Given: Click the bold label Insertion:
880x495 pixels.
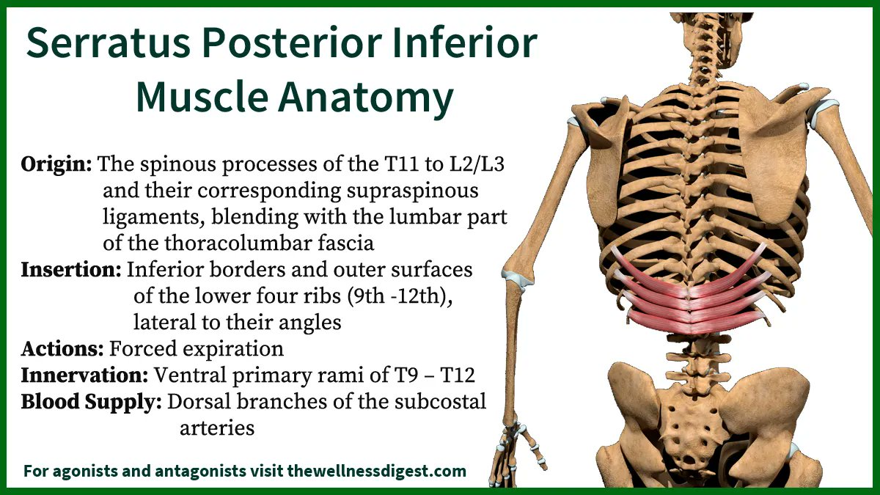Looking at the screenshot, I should [x=71, y=270].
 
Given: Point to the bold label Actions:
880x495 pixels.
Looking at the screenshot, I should [x=62, y=348].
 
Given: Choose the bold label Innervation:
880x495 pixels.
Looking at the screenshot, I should [x=84, y=375].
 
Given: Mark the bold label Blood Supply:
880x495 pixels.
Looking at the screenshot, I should [x=91, y=402].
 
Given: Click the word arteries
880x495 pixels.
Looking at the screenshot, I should [x=217, y=428].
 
